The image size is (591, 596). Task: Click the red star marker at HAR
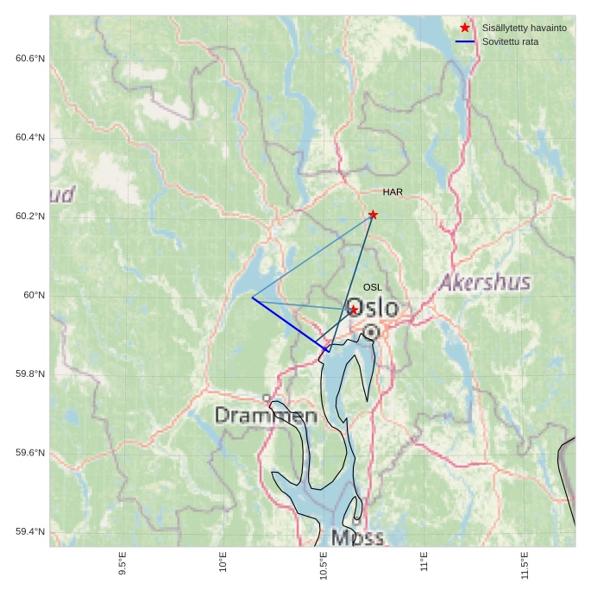pyautogui.click(x=373, y=215)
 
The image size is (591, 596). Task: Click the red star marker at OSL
pyautogui.click(x=354, y=310)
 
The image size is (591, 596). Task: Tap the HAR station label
pyautogui.click(x=393, y=192)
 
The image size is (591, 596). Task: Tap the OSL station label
pyautogui.click(x=372, y=287)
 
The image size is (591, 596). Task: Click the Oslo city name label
pyautogui.click(x=372, y=308)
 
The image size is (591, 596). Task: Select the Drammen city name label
pyautogui.click(x=266, y=416)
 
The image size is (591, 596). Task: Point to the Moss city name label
pyautogui.click(x=357, y=538)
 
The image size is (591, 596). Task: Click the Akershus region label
pyautogui.click(x=485, y=282)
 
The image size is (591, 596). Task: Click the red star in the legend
pyautogui.click(x=465, y=28)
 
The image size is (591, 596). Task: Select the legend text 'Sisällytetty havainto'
pyautogui.click(x=524, y=28)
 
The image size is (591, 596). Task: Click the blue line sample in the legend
pyautogui.click(x=465, y=41)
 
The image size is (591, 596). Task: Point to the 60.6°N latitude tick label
pyautogui.click(x=30, y=59)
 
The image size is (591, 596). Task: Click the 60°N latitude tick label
pyautogui.click(x=34, y=295)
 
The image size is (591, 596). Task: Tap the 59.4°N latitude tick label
pyautogui.click(x=30, y=531)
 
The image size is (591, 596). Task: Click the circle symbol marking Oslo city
pyautogui.click(x=371, y=332)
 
